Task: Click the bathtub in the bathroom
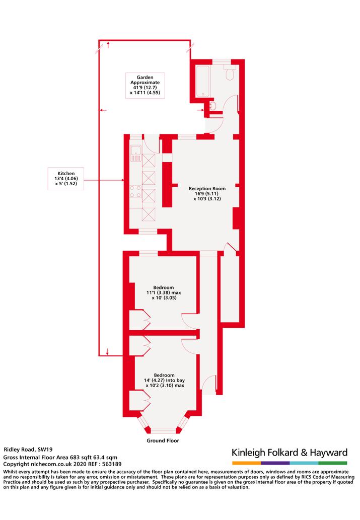tap(203, 81)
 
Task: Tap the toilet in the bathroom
tap(230, 72)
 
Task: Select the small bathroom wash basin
tap(213, 106)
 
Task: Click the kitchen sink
tap(136, 154)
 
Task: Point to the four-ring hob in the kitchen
tap(135, 192)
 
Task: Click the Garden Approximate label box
tap(145, 85)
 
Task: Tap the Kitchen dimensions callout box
tap(66, 178)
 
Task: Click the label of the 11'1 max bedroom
tap(164, 292)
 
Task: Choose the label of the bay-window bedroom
tap(164, 380)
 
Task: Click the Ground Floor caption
tap(163, 440)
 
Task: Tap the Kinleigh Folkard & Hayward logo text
tap(290, 453)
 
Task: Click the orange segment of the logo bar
tap(247, 463)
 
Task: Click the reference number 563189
tap(112, 464)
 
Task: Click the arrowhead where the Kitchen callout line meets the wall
tap(122, 180)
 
